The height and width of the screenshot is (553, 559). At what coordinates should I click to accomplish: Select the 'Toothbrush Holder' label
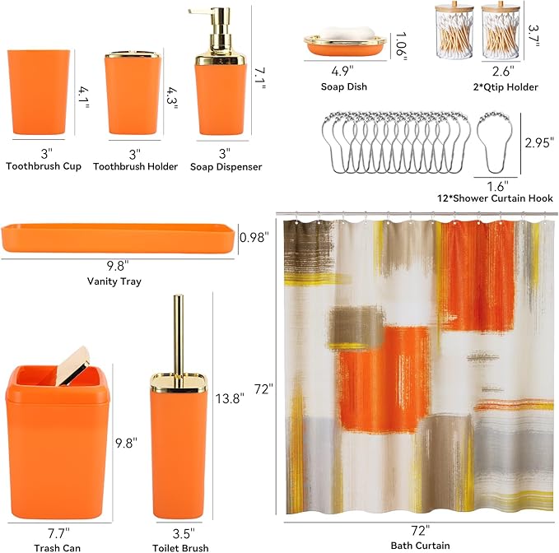136,167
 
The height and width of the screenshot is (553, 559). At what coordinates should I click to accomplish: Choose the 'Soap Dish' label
344,86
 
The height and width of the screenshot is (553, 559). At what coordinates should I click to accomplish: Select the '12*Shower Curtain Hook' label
495,198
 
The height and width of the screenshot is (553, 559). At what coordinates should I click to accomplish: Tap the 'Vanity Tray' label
114,281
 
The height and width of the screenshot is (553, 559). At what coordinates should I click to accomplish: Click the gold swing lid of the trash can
76,363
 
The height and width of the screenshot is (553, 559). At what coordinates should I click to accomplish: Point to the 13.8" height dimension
230,399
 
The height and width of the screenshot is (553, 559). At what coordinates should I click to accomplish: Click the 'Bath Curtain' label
420,546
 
